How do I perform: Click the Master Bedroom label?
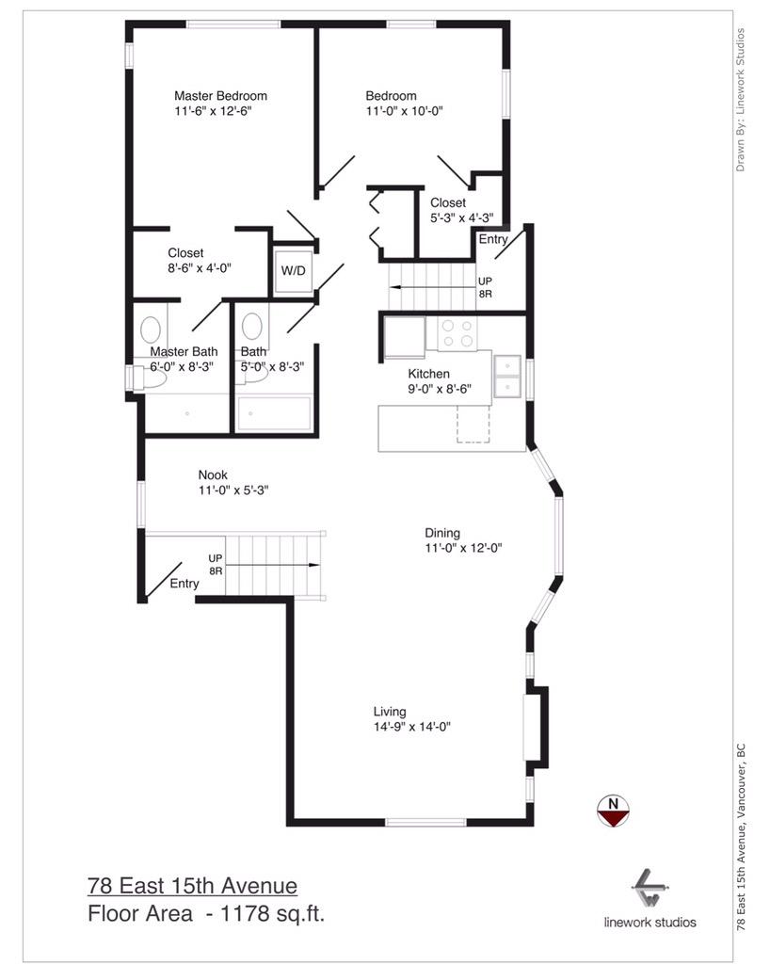click(220, 96)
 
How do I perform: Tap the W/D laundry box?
click(293, 271)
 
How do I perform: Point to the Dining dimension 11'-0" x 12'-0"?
click(463, 548)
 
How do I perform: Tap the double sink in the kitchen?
click(508, 376)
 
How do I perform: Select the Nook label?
click(213, 474)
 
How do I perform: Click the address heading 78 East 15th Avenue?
click(192, 886)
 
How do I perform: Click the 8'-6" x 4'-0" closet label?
click(200, 267)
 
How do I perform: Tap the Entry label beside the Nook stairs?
click(184, 584)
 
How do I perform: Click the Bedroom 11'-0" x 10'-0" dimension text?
click(404, 111)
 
